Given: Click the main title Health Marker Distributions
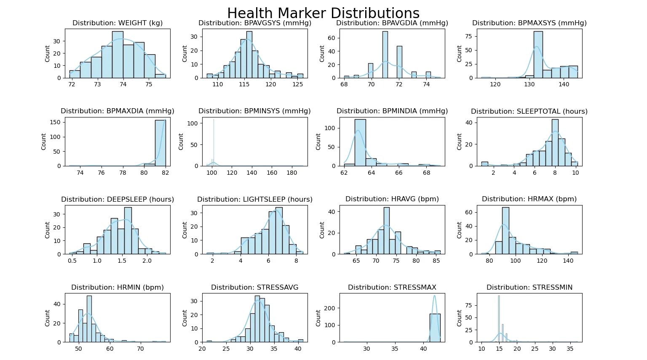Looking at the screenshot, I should tap(323, 13).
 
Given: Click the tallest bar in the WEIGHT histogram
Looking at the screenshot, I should tap(118, 55).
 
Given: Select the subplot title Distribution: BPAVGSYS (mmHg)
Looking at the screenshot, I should tap(255, 23).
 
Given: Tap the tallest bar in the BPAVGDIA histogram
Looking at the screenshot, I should tap(385, 55).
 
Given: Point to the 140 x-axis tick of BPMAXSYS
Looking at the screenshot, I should tap(564, 84).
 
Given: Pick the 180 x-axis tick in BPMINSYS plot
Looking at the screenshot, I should tap(292, 173).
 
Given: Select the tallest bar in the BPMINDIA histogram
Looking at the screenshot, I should tap(360, 143).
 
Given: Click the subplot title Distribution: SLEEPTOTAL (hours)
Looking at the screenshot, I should tap(529, 111).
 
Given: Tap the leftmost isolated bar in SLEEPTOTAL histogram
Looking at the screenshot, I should tap(485, 164).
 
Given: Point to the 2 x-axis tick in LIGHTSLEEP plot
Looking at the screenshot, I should tap(212, 261).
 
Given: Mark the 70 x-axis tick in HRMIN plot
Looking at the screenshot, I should tap(140, 349).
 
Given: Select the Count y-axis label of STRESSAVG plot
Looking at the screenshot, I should tap(184, 318).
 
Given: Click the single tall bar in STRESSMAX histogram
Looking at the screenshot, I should tap(435, 328).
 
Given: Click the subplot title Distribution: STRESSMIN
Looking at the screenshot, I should tap(529, 288).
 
